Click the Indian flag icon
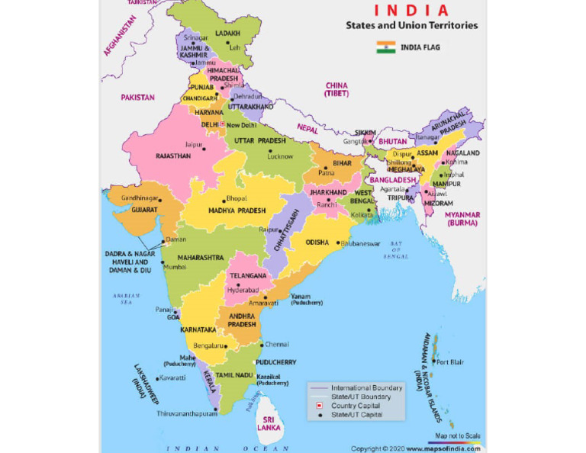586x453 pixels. tap(385, 47)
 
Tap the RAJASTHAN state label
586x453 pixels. tap(173, 156)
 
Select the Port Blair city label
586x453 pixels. tap(449, 362)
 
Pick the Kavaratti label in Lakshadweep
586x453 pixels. tap(172, 377)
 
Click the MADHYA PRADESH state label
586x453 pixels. tap(237, 210)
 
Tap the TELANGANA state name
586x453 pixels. tap(248, 275)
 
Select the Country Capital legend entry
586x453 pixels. tap(356, 406)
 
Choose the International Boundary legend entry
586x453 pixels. tap(366, 388)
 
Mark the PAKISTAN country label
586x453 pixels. tap(137, 98)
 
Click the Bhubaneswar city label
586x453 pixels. tap(360, 243)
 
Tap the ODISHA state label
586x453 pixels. tap(317, 242)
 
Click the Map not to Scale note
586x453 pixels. tap(458, 435)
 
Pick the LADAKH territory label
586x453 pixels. tap(227, 34)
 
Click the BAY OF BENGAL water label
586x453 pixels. tap(395, 249)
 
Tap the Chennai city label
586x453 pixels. tap(277, 344)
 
